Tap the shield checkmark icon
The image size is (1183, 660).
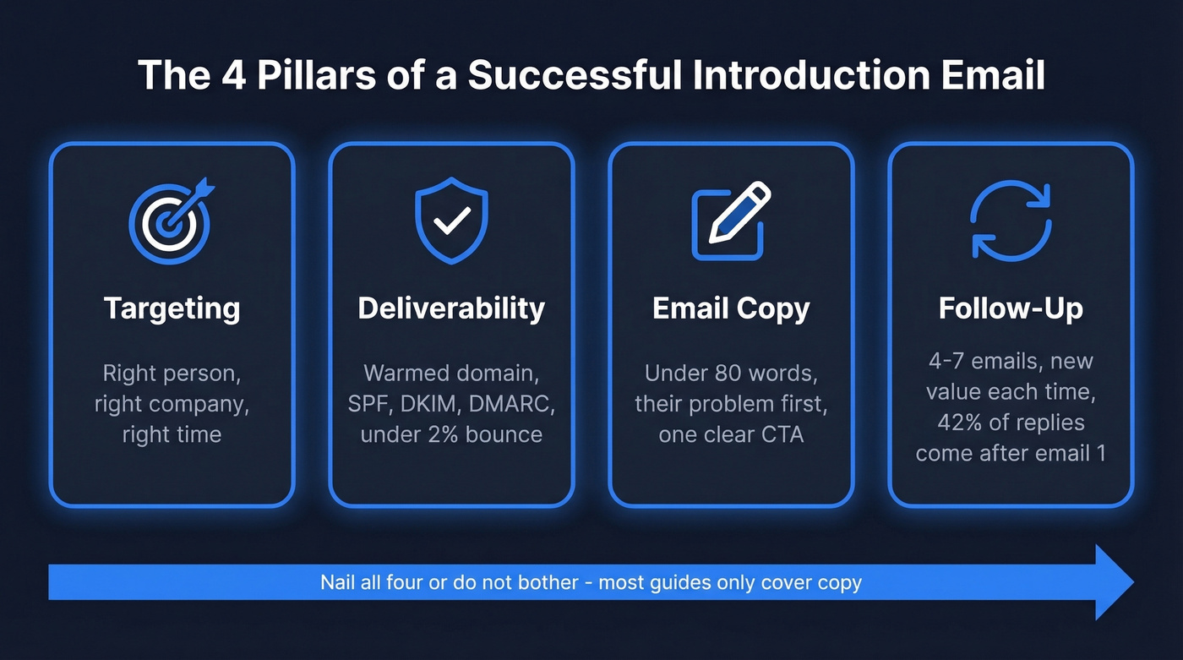(x=451, y=222)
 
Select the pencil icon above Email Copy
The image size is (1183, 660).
(x=731, y=222)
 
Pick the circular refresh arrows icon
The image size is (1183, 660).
(x=1011, y=222)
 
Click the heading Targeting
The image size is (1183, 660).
(x=172, y=308)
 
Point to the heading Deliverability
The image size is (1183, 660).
(x=451, y=308)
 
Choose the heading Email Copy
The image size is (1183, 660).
(x=731, y=309)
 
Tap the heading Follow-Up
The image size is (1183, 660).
(x=1011, y=308)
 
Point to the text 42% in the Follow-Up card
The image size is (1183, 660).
(x=958, y=423)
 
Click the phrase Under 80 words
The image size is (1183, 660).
(x=731, y=373)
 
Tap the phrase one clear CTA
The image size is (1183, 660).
(x=731, y=435)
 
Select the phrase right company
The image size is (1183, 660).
(x=172, y=404)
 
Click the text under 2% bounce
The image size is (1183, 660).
(x=451, y=435)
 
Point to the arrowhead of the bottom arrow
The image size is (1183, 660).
(x=1114, y=582)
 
